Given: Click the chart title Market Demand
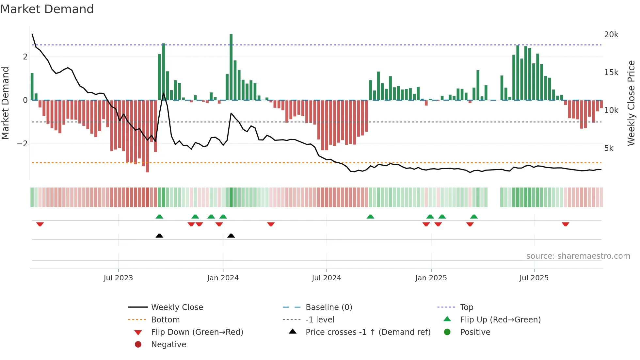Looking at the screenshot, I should [x=47, y=9].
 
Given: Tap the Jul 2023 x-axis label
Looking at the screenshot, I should [x=118, y=278].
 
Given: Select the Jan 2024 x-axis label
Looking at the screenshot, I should [x=223, y=278].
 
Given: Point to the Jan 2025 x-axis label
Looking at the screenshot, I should [x=431, y=278].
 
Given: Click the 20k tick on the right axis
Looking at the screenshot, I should [x=611, y=35].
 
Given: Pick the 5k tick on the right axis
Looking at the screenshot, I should [x=609, y=148].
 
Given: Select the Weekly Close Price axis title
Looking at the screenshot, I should [x=631, y=103].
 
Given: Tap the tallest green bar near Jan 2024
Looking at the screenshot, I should [x=231, y=67].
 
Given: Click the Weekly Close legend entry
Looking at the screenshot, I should [x=177, y=307].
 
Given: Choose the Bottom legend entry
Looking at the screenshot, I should [x=165, y=319].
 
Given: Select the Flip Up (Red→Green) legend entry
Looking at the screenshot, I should [x=500, y=319].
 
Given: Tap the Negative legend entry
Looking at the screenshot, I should [x=168, y=344].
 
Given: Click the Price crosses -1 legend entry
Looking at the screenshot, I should [x=368, y=332].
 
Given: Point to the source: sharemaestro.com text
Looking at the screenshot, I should [x=578, y=256].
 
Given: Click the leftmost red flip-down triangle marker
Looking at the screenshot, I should [x=40, y=224].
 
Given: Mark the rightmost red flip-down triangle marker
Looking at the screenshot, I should [x=566, y=224].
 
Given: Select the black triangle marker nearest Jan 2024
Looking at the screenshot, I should [x=231, y=236].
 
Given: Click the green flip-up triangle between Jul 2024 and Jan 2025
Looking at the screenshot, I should [x=370, y=217].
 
